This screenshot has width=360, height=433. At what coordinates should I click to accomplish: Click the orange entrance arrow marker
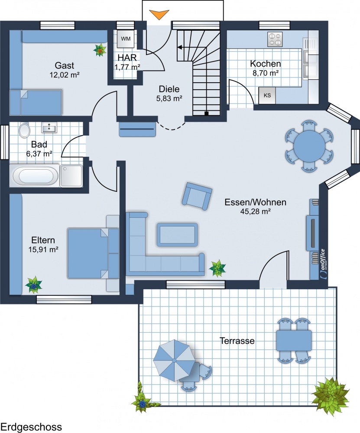tap(159, 14)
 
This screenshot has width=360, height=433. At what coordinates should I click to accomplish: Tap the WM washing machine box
tap(126, 39)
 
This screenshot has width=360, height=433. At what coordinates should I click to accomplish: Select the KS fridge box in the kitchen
tap(267, 96)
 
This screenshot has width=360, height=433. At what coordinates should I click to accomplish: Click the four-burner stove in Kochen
tap(275, 39)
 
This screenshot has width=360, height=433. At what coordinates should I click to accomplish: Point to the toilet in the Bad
tap(24, 130)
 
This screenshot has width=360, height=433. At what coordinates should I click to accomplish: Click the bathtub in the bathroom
tap(34, 176)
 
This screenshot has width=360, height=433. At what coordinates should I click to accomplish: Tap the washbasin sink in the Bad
tap(49, 127)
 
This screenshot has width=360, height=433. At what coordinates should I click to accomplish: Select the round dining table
tap(309, 145)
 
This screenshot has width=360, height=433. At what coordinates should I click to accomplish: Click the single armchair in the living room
tap(197, 196)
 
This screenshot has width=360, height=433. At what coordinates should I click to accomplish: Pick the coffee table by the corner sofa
tap(177, 234)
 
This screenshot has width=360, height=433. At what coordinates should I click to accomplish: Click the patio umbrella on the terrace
tap(174, 360)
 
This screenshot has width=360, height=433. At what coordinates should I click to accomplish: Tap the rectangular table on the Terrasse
tap(294, 340)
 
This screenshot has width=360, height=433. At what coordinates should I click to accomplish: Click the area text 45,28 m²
tap(255, 212)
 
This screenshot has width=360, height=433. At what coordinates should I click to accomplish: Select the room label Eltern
tap(43, 240)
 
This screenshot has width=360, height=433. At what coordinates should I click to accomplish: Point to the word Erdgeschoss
tap(31, 427)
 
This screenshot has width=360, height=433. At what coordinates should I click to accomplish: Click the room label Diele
tap(169, 89)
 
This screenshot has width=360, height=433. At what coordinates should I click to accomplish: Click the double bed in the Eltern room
tap(94, 253)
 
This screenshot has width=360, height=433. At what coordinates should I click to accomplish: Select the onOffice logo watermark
tap(323, 264)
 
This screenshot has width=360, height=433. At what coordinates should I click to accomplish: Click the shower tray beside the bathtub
tap(71, 176)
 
